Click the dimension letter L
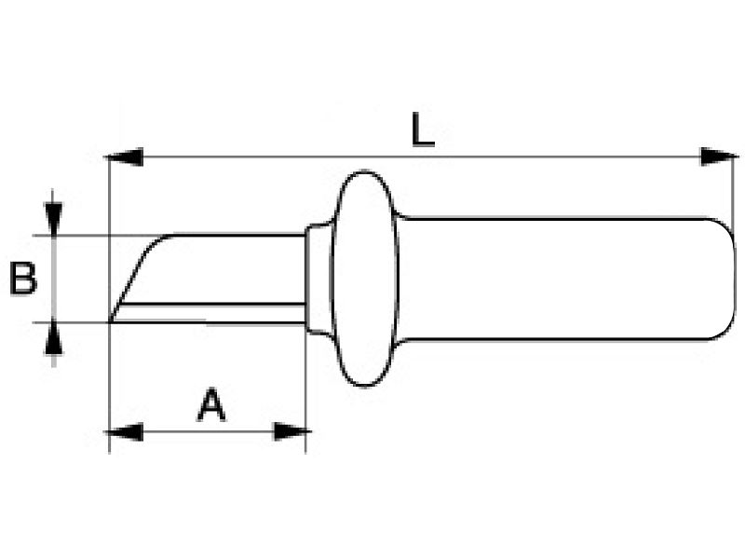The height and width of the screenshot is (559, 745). coord(423,130)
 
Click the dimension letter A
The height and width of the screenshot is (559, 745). coord(211,405)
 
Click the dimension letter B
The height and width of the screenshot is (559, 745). coord(22,279)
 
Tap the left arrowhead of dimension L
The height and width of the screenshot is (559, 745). coord(124,157)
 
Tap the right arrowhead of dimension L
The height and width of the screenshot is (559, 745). coord(720,157)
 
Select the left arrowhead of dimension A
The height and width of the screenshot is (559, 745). coord(124,432)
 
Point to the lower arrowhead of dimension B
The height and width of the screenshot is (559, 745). coord(53,337)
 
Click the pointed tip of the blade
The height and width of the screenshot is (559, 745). coord(110,321)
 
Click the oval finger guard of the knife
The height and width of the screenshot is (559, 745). coord(364,278)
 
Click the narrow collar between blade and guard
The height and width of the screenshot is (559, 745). coord(318,279)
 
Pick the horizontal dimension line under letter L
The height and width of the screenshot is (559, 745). coord(423,157)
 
